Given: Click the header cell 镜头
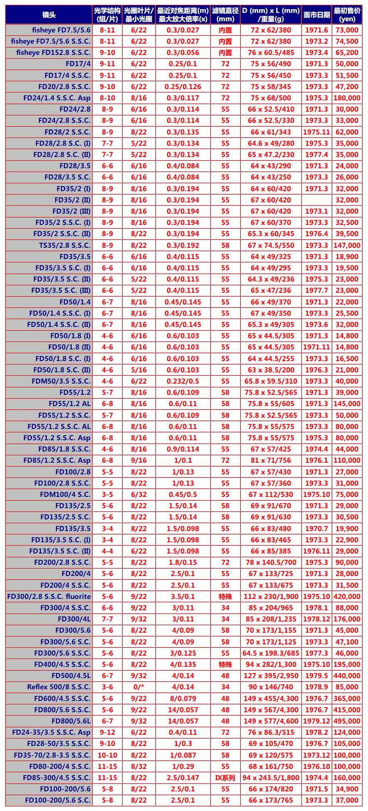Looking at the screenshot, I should pyautogui.click(x=49, y=15).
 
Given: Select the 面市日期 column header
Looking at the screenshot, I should pyautogui.click(x=316, y=15).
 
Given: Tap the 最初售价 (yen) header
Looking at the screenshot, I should pyautogui.click(x=347, y=15).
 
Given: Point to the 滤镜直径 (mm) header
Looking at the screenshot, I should pyautogui.click(x=225, y=15).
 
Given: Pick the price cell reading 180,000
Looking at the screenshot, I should pyautogui.click(x=347, y=98).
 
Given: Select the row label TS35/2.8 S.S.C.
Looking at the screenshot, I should pyautogui.click(x=64, y=245).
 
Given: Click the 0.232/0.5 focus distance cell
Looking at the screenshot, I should pyautogui.click(x=183, y=381).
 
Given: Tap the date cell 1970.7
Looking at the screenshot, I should pyautogui.click(x=316, y=529).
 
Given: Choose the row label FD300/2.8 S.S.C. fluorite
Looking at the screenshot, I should pyautogui.click(x=49, y=596).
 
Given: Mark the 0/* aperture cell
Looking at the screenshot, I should pyautogui.click(x=139, y=687).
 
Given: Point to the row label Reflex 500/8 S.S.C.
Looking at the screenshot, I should pyautogui.click(x=59, y=687).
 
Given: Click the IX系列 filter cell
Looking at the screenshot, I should pyautogui.click(x=225, y=778).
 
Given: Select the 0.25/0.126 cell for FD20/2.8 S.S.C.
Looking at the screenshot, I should pyautogui.click(x=183, y=87).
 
